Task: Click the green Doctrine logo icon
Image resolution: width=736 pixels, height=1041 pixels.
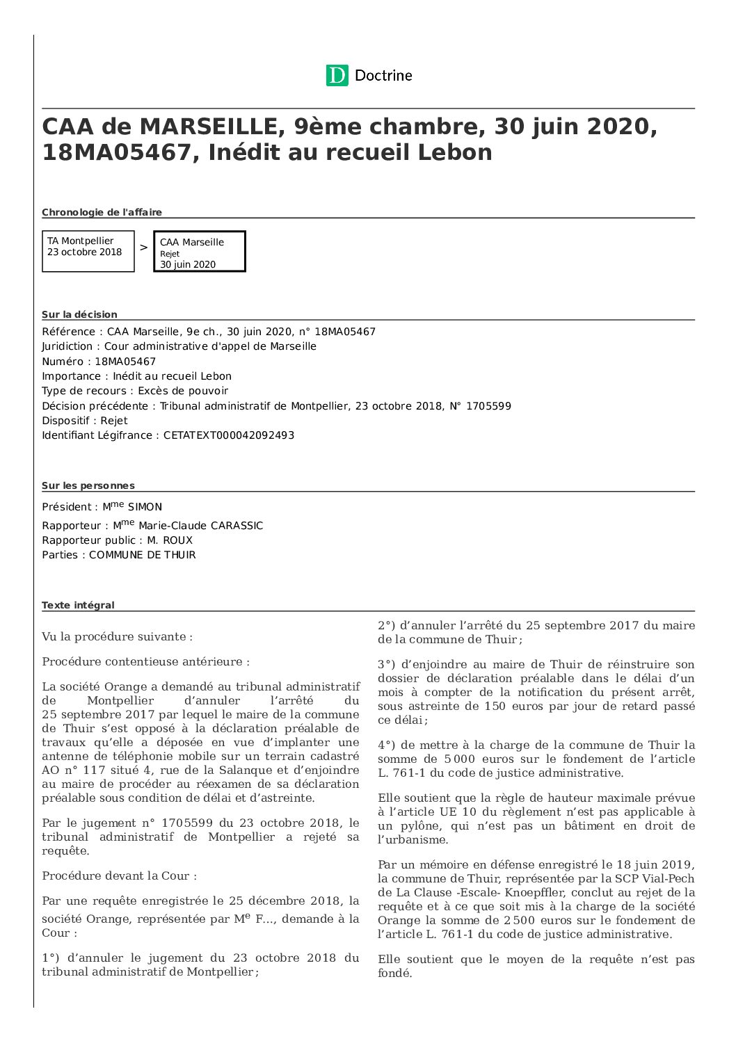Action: click(x=337, y=75)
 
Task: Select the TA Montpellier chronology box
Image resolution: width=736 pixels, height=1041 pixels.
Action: click(x=88, y=251)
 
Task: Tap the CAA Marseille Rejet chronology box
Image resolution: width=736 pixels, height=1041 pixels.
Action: click(x=199, y=251)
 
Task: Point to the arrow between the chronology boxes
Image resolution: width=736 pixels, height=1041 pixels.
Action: click(x=144, y=248)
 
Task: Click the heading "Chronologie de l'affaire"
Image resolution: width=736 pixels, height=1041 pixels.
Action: click(x=102, y=212)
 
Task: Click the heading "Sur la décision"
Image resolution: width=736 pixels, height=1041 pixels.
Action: click(x=79, y=314)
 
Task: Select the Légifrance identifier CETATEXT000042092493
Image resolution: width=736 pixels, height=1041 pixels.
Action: click(x=229, y=435)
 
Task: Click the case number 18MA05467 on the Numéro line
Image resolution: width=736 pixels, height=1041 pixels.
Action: click(x=125, y=362)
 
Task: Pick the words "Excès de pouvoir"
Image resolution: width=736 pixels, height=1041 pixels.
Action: click(x=183, y=391)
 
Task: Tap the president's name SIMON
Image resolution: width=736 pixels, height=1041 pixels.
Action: click(x=145, y=507)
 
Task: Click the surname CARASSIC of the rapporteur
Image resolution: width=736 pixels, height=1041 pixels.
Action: click(x=237, y=526)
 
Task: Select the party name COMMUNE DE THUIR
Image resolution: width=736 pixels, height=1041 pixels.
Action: click(x=143, y=555)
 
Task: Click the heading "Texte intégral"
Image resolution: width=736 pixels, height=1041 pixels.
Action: click(x=78, y=605)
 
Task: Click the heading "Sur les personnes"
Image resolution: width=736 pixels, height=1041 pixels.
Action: click(x=88, y=485)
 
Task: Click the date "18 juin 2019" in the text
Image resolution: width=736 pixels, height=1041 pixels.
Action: click(x=654, y=864)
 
